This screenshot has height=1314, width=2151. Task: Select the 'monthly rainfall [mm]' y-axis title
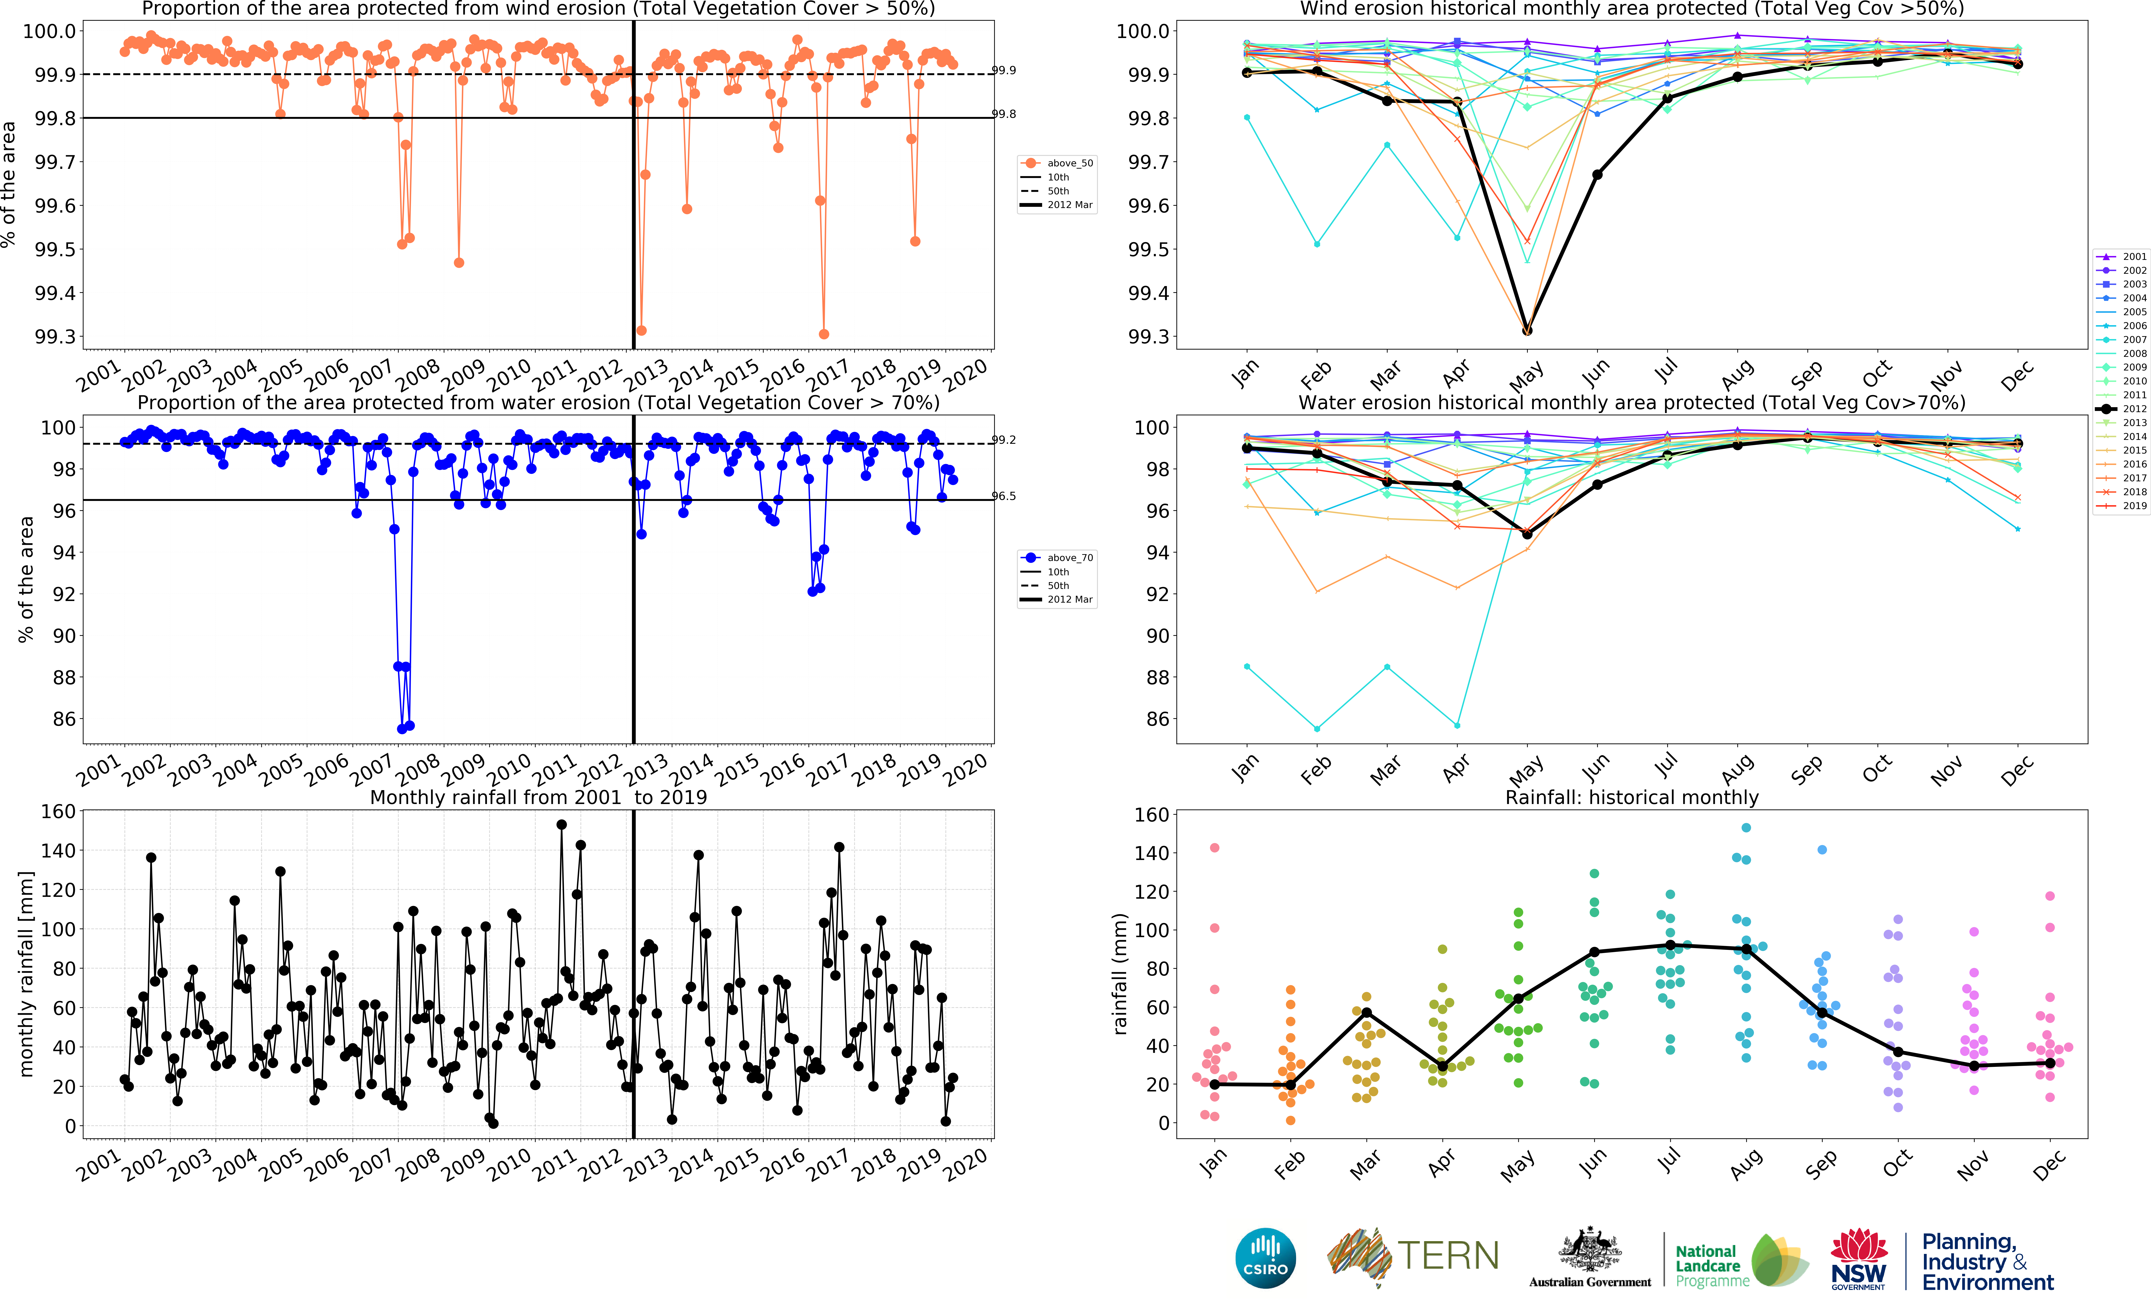tap(26, 974)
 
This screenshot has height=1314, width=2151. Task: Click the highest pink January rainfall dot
tap(1214, 848)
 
